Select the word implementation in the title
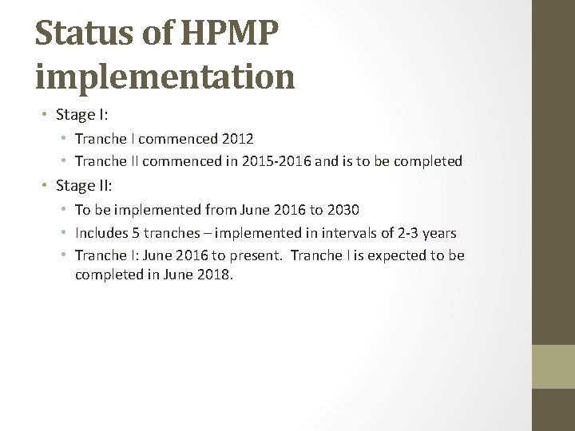pos(165,77)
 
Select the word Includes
pos(100,233)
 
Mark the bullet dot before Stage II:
pos(46,186)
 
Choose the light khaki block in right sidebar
pos(553,366)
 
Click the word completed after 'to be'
pos(426,161)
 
